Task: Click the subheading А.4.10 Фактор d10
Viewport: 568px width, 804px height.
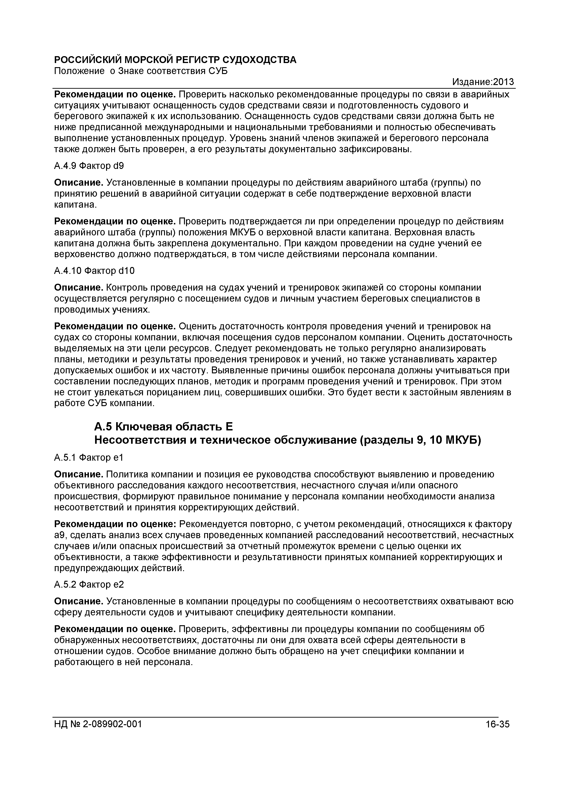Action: pyautogui.click(x=94, y=271)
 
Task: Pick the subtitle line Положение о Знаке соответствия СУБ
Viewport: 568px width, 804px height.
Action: pyautogui.click(x=141, y=71)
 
